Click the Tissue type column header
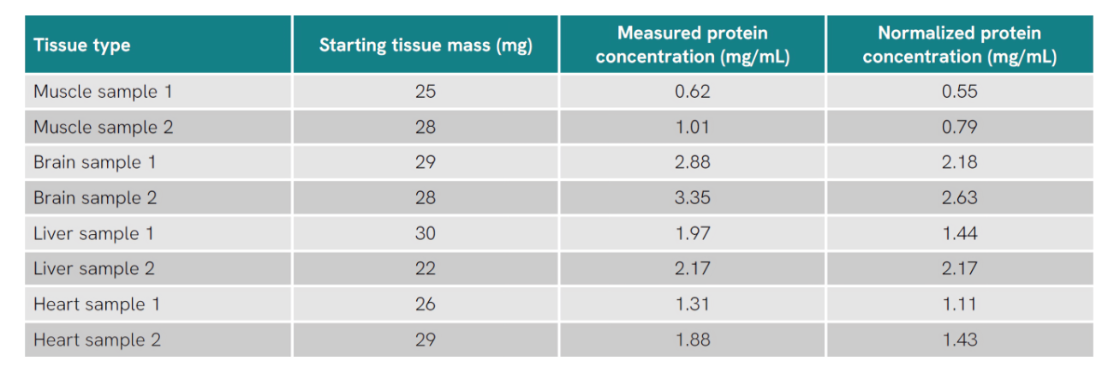[82, 45]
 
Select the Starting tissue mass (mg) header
[426, 45]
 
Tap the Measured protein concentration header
[692, 45]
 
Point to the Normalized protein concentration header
[959, 45]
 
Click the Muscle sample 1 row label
[96, 92]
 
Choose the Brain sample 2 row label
[95, 198]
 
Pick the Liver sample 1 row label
[94, 233]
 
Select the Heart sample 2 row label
[97, 340]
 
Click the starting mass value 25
[426, 92]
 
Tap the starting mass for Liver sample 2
[426, 269]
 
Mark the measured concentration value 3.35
[692, 198]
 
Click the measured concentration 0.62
[692, 92]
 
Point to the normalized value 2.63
[959, 198]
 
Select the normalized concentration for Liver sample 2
[959, 269]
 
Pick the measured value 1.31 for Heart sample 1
[692, 304]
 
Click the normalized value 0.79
[959, 128]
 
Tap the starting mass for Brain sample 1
[426, 163]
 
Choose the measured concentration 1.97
[692, 233]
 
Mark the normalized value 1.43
[959, 340]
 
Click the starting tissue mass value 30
[426, 233]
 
